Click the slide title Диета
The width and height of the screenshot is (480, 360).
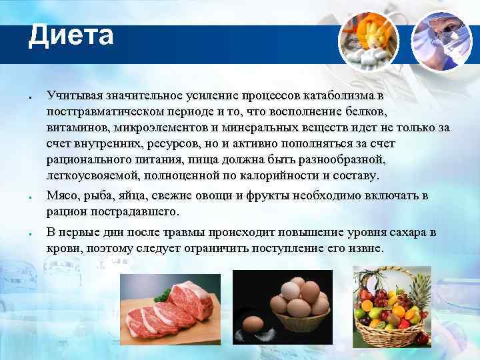tap(71, 35)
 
